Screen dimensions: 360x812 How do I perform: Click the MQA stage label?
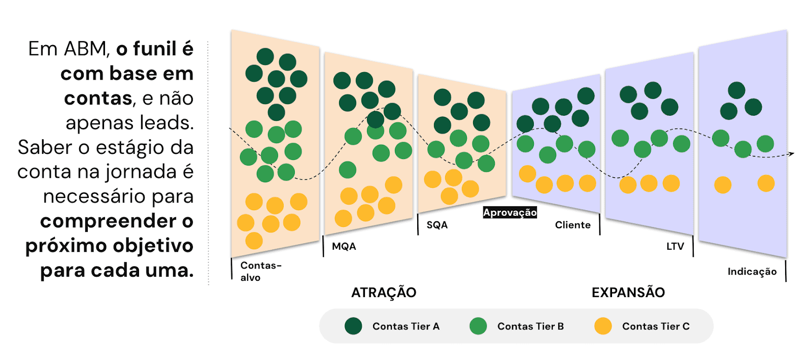tap(344, 247)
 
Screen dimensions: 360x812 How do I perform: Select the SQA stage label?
tap(437, 225)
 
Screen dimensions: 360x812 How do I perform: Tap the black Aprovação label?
tap(510, 213)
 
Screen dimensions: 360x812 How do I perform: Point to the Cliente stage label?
tap(572, 225)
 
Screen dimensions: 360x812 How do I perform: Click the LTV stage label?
tap(675, 247)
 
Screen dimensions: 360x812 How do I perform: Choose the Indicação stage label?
tap(752, 272)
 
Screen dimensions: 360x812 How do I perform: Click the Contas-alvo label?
tap(260, 271)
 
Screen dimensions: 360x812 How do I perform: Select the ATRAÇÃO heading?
tap(384, 292)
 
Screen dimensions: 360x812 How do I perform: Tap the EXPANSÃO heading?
tap(628, 292)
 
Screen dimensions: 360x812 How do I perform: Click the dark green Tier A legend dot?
tap(353, 326)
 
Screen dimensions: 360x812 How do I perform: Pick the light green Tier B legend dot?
tap(478, 326)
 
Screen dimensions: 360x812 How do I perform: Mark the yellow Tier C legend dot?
tap(603, 326)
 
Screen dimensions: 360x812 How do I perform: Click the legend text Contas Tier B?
tap(530, 326)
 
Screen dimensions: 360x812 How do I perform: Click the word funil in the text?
tap(154, 49)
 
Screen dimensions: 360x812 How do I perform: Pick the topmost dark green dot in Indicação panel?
tap(736, 90)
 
